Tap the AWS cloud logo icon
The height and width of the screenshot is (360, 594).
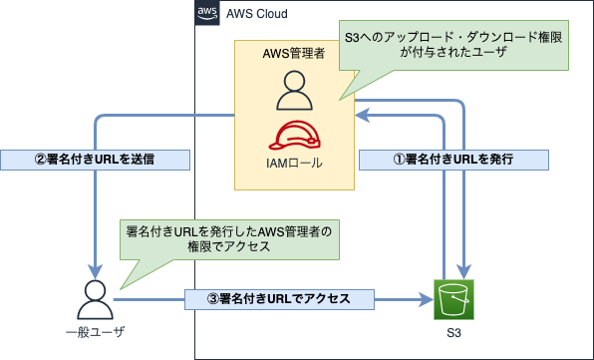click(x=209, y=14)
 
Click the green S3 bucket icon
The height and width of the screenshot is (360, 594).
click(x=455, y=297)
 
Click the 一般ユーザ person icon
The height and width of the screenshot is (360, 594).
click(x=95, y=297)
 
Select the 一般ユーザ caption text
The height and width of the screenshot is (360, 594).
click(x=95, y=330)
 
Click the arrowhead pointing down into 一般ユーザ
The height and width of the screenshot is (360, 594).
click(x=95, y=270)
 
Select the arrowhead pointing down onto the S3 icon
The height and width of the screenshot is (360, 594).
click(x=464, y=271)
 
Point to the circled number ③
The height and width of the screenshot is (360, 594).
click(x=197, y=296)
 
